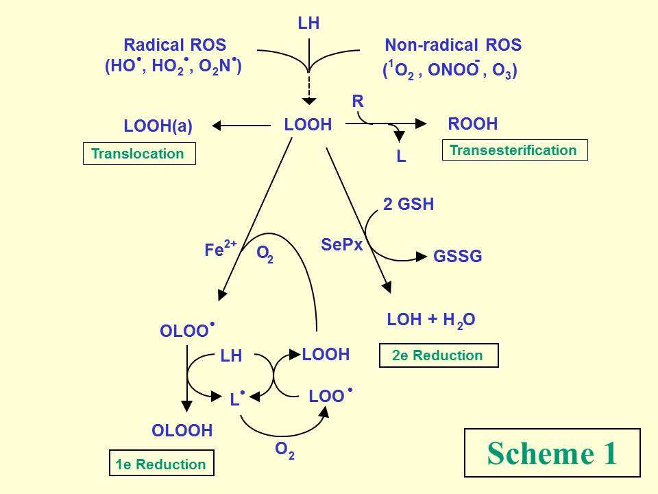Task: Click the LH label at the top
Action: (x=309, y=24)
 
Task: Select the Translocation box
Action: (x=138, y=154)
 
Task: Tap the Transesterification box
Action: (x=515, y=150)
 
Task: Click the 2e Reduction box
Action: (x=438, y=355)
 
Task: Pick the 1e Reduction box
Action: (x=161, y=464)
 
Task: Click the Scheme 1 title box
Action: (x=552, y=453)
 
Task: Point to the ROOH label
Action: (x=472, y=124)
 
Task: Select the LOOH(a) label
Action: (x=158, y=126)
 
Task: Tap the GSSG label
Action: (x=458, y=257)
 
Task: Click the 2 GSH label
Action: (x=409, y=204)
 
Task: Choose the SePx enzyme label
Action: (x=341, y=244)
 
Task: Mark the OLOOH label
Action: (x=182, y=431)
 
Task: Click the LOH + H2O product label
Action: (x=431, y=320)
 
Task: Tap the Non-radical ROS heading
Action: (x=453, y=46)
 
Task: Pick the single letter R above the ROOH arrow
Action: (x=357, y=102)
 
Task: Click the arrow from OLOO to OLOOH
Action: (x=186, y=377)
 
